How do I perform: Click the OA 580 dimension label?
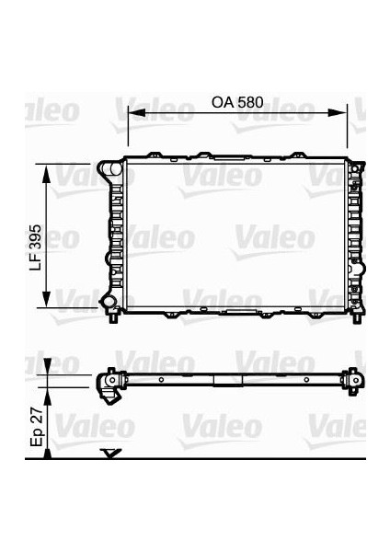point(237,102)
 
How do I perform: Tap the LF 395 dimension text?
point(36,247)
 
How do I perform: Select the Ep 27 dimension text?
point(36,427)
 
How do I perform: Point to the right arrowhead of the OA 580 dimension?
point(338,112)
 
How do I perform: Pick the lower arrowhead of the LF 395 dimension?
point(46,298)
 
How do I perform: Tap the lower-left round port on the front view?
point(107,302)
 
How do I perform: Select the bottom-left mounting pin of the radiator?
point(113,317)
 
